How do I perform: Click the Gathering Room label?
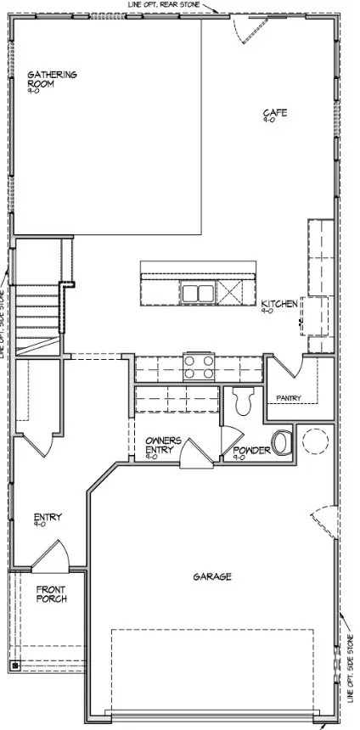coord(52,79)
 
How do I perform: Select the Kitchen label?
coord(278,304)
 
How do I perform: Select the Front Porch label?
coord(51,592)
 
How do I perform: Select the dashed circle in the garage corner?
coord(315,442)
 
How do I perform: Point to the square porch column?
coord(14,665)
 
